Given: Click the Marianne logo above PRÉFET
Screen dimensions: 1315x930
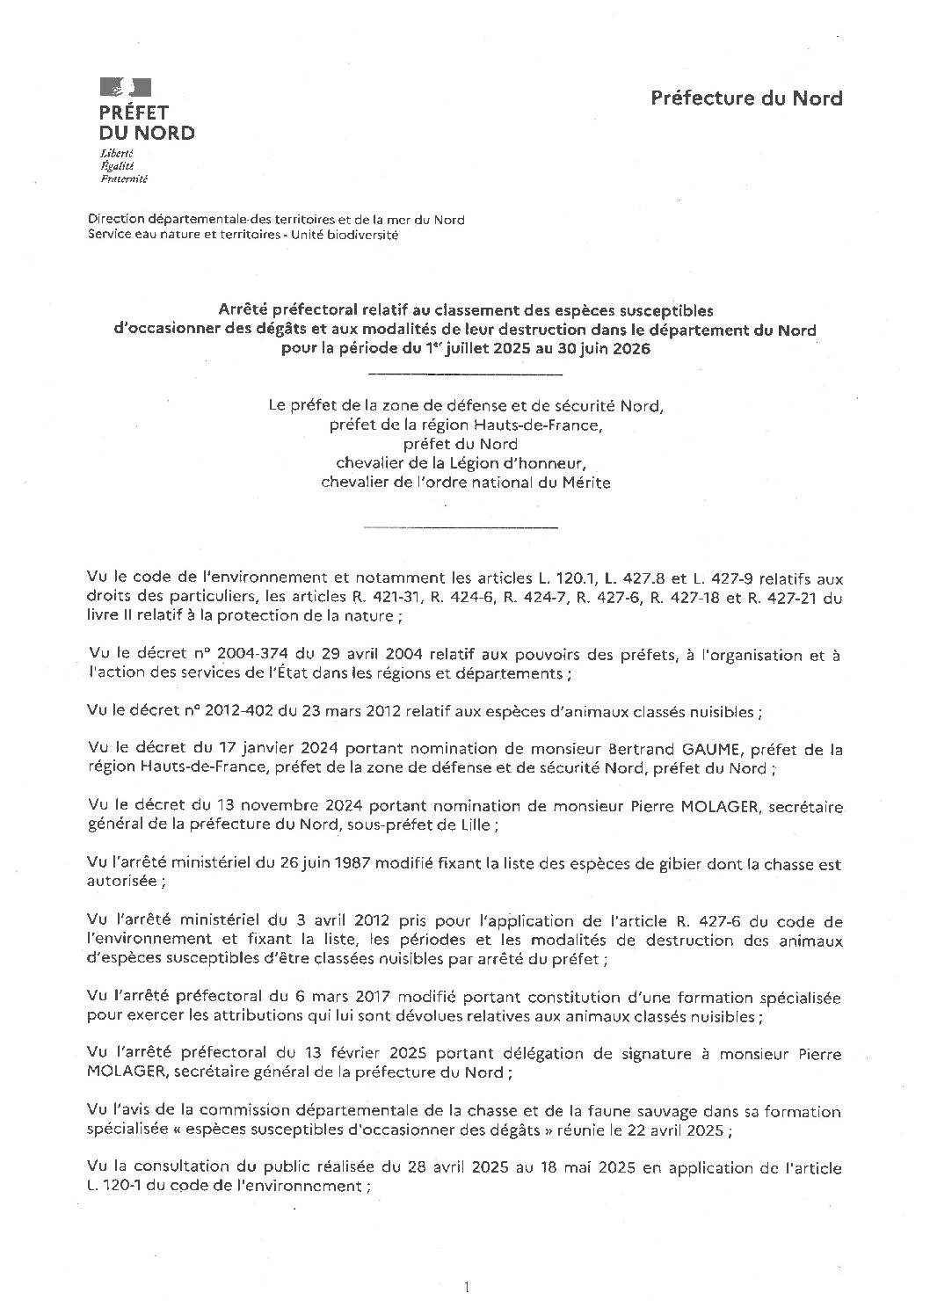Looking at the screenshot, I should pos(126,86).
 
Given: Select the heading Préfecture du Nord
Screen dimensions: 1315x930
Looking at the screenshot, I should pos(746,98).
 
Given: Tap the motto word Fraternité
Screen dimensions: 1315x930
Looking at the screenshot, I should pos(124,178).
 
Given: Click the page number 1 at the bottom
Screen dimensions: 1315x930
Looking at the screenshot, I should pos(466,1288).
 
